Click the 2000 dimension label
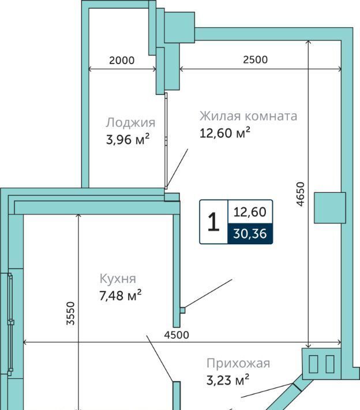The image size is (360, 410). [x=122, y=61]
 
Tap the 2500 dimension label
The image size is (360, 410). [x=255, y=60]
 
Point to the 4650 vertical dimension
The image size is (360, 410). [x=301, y=194]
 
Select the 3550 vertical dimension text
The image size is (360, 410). [x=70, y=313]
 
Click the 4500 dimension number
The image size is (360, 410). [x=177, y=335]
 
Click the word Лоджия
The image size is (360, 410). [x=130, y=122]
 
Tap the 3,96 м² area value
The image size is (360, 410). [x=127, y=139]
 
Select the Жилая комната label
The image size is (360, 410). [x=248, y=116]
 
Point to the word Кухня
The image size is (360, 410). [x=118, y=279]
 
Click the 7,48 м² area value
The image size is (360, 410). [x=121, y=296]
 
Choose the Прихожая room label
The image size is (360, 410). [x=238, y=363]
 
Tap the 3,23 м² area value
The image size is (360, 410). [x=228, y=379]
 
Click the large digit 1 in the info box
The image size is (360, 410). [x=213, y=222]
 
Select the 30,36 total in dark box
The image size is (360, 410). [x=250, y=233]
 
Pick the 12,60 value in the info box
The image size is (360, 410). [x=250, y=212]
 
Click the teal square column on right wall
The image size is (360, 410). [x=329, y=208]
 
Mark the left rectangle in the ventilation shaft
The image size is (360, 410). [x=313, y=364]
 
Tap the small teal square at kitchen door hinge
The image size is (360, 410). [x=183, y=310]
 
